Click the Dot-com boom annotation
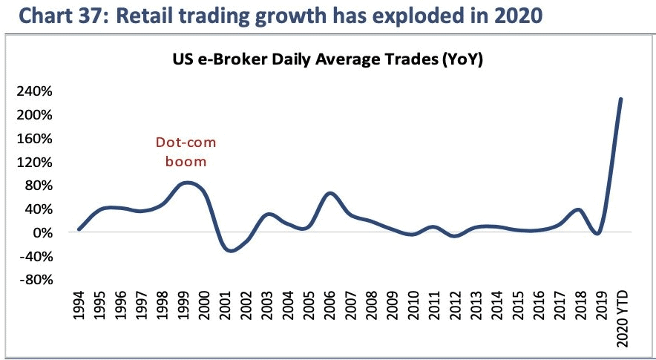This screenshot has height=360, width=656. click(185, 151)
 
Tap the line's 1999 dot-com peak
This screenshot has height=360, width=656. click(188, 183)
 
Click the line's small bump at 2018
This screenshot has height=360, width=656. click(580, 209)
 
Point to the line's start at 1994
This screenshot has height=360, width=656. click(79, 229)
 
